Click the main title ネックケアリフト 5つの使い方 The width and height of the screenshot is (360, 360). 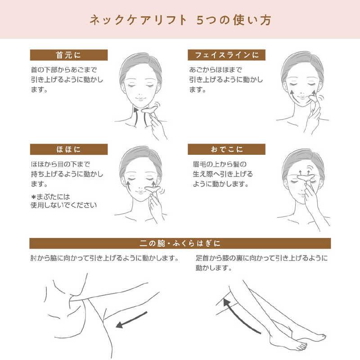tap(180, 20)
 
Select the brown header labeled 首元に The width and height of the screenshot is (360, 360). tap(69, 55)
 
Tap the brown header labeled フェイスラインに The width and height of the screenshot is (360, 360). tap(227, 55)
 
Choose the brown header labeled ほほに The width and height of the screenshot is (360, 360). tap(69, 149)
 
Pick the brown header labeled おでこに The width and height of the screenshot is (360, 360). tap(227, 149)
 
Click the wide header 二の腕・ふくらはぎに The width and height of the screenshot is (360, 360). tap(180, 243)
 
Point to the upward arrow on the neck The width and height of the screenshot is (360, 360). tap(136, 117)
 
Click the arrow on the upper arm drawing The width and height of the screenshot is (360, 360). tap(131, 319)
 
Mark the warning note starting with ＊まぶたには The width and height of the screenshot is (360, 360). tap(63, 201)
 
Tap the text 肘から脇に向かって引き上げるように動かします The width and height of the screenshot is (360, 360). tap(104, 258)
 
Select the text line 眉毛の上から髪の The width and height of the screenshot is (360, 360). tap(220, 164)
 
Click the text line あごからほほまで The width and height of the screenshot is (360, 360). tap(216, 70)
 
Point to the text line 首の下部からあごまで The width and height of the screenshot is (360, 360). tap(64, 70)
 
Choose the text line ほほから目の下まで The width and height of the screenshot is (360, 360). tap(60, 164)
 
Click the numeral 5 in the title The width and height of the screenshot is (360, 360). tap(200, 20)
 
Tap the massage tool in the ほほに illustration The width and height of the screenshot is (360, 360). tap(153, 189)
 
